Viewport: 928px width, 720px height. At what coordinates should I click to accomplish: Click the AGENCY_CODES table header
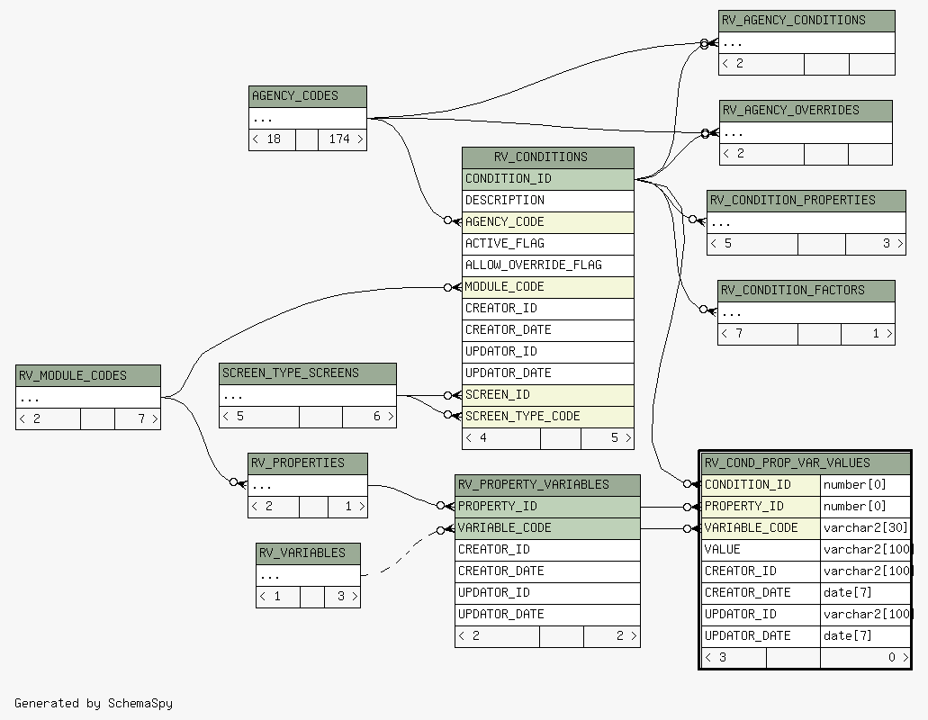(x=307, y=96)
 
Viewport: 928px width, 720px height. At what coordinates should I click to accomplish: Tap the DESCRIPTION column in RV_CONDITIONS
(x=547, y=201)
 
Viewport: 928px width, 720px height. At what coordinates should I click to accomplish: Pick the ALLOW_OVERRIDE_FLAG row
(x=547, y=265)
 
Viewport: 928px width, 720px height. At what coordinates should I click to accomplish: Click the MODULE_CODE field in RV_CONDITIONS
(x=547, y=287)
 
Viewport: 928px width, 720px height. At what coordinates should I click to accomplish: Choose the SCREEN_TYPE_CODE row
(x=547, y=417)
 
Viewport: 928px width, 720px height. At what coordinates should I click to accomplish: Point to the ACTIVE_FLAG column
(x=547, y=244)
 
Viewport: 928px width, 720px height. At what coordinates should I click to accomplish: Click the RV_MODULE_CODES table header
(x=88, y=375)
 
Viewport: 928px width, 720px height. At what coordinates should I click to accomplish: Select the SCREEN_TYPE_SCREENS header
(x=308, y=373)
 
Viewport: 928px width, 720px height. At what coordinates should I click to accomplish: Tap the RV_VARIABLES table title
(x=308, y=553)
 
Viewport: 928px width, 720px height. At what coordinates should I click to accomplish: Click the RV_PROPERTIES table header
(x=308, y=463)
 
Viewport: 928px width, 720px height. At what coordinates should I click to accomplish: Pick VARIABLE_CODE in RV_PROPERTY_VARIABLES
(x=547, y=528)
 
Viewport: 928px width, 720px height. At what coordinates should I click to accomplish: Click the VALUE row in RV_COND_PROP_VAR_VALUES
(x=761, y=550)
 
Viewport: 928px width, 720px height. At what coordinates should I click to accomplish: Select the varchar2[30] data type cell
(x=865, y=528)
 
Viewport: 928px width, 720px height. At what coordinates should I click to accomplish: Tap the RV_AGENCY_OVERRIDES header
(x=806, y=111)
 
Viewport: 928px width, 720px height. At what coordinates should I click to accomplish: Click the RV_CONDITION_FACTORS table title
(x=806, y=291)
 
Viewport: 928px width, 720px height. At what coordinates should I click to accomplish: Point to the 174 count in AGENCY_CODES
(x=342, y=139)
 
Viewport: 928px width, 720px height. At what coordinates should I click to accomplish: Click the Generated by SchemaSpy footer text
(x=94, y=704)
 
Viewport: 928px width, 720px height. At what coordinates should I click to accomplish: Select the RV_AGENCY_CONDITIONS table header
(x=806, y=21)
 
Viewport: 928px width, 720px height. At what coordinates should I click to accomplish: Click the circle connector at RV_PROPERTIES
(x=234, y=482)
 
